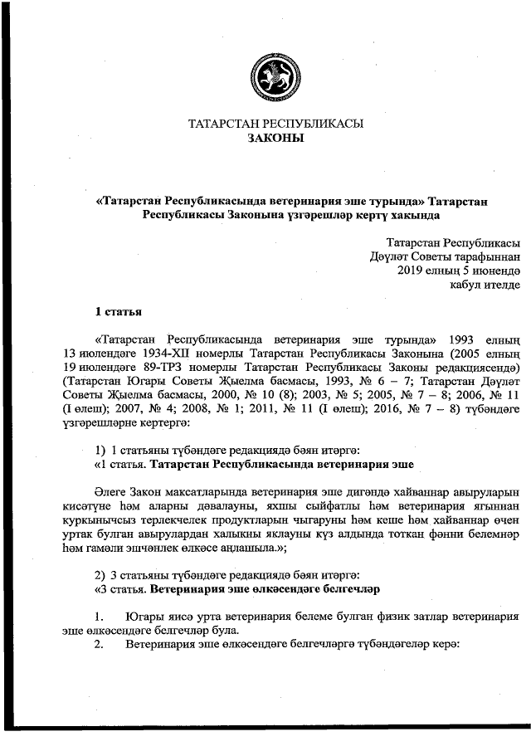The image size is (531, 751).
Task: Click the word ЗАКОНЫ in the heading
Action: [276, 139]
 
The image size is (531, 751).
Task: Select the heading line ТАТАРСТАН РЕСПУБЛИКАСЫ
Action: [276, 124]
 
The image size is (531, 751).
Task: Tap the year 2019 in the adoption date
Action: [412, 270]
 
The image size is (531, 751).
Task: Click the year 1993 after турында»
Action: [461, 339]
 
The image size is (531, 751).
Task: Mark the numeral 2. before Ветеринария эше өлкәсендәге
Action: [99, 644]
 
